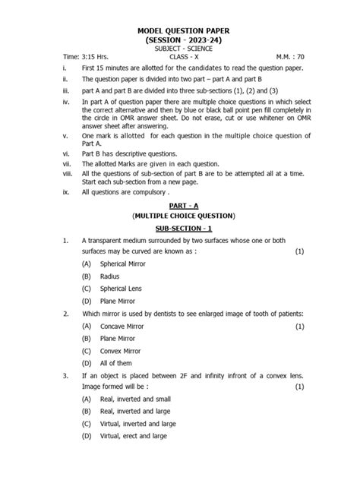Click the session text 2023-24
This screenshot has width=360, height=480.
click(x=201, y=39)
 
